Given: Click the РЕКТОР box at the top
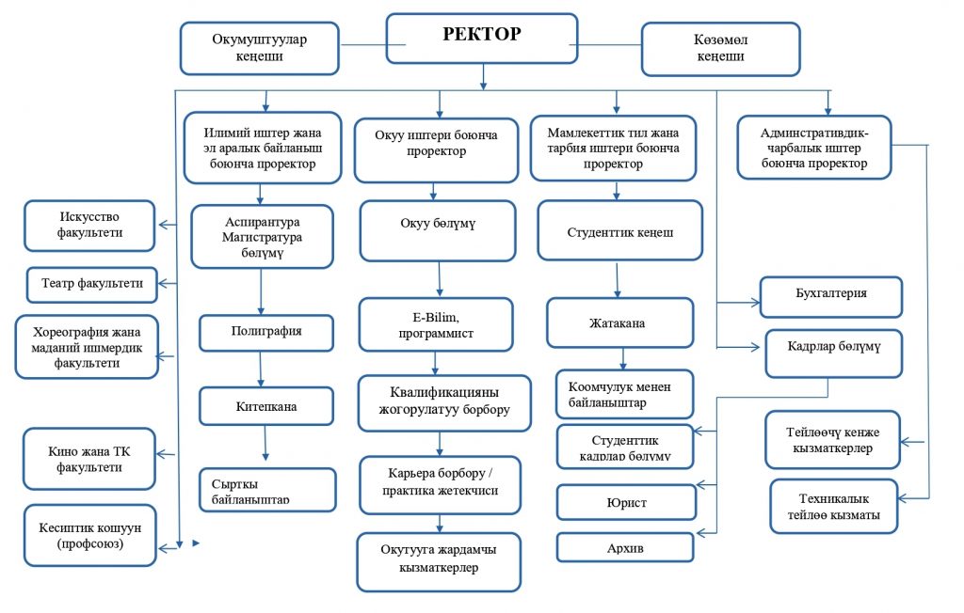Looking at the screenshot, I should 482,39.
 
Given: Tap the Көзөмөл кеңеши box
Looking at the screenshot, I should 720,49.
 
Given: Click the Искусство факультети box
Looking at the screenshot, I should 89,226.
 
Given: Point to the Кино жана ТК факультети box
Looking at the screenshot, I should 88,458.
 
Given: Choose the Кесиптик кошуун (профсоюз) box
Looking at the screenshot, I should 90,536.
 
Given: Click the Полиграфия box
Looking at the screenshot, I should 266,333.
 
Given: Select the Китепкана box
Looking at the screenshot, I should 266,407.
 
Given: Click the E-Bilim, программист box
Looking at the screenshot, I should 435,324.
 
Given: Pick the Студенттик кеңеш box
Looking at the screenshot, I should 619,230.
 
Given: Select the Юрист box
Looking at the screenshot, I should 626,502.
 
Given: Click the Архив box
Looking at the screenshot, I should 626,547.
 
